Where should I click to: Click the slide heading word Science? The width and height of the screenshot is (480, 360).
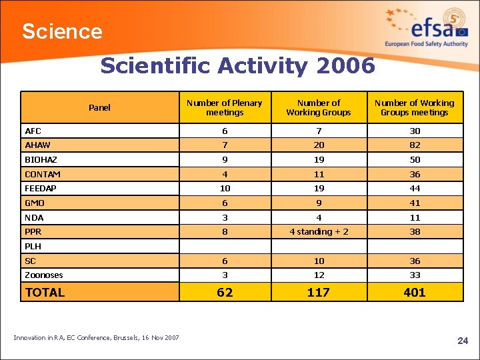point(62,31)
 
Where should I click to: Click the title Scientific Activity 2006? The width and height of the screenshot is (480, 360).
point(237,66)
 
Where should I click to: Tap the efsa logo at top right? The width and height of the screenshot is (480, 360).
point(427,28)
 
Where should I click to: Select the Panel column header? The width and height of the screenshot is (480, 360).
point(99,107)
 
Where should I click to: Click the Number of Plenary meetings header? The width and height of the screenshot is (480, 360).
point(225,107)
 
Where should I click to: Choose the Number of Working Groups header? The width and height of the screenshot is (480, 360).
point(318,107)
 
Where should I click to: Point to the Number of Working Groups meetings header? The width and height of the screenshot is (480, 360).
point(414,107)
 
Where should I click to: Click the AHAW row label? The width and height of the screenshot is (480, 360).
point(37,145)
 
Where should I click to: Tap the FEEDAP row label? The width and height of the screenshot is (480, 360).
point(41,189)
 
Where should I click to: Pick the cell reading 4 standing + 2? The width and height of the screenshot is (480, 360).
point(318,232)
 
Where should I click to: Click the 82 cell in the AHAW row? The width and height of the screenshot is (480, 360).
point(415,145)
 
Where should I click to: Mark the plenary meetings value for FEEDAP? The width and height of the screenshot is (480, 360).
point(225,189)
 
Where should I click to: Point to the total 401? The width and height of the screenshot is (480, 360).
point(414,292)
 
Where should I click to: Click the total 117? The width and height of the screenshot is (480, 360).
point(318,292)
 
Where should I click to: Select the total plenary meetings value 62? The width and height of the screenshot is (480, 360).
point(225,292)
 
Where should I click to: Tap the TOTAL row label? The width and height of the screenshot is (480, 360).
point(45,292)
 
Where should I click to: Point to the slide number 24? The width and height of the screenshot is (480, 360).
point(463,341)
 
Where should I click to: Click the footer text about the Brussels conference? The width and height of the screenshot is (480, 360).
point(96,338)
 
